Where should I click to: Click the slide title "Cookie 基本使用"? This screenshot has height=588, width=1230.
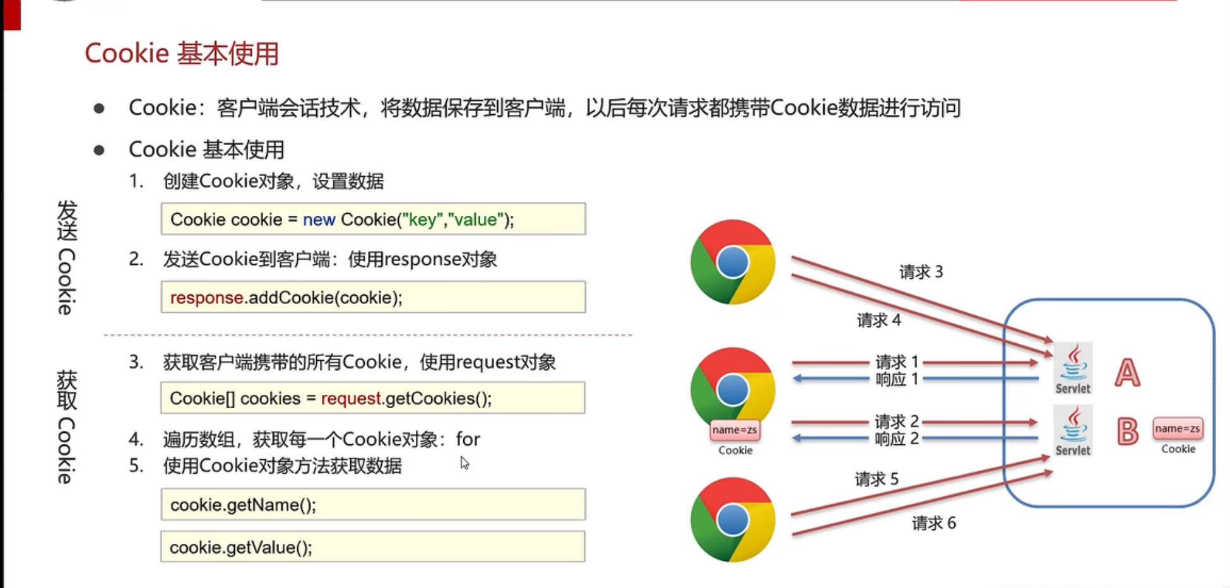182,54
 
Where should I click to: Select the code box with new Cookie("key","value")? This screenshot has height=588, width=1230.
373,219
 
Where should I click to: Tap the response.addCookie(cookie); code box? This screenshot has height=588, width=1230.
373,297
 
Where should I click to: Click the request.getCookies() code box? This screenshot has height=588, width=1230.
372,398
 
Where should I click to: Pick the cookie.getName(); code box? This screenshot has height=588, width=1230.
373,505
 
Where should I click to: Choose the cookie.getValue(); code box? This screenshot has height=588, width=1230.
372,547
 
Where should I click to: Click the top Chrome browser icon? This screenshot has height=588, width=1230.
732,262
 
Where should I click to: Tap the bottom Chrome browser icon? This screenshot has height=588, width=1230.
732,520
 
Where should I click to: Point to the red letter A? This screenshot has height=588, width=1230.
1127,373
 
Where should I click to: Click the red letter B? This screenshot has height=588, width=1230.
1127,432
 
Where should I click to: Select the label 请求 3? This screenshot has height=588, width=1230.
921,272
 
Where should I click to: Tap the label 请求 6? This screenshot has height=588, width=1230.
933,523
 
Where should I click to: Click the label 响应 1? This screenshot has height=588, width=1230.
896,379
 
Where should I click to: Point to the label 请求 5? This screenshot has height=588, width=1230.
877,479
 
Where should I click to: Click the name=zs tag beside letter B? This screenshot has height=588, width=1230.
1177,429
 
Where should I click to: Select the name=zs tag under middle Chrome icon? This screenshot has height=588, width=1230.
735,430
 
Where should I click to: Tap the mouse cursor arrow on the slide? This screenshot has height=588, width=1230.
464,464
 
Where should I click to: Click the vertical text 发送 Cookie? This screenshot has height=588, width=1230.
67,257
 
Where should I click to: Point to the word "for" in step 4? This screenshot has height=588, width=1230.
468,439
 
